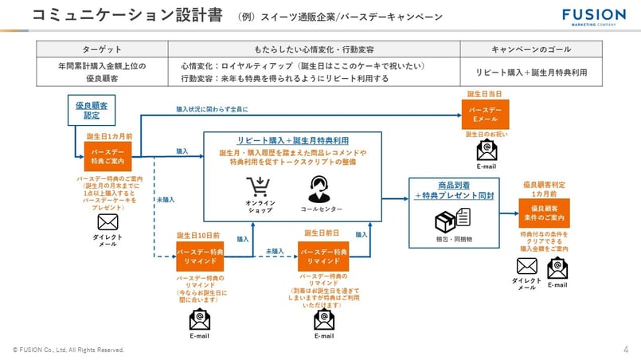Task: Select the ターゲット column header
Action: [x=102, y=49]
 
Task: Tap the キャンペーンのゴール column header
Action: [x=526, y=49]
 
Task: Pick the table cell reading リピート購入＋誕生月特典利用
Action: [x=526, y=72]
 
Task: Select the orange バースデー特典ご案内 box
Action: [x=107, y=155]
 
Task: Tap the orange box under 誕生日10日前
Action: [x=200, y=256]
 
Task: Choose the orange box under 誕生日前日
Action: [x=323, y=256]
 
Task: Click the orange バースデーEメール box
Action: [x=485, y=113]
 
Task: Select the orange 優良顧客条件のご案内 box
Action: [x=544, y=213]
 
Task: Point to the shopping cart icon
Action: [x=260, y=187]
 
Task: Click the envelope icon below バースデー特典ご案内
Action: [x=107, y=221]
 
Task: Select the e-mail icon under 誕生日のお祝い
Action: [x=486, y=150]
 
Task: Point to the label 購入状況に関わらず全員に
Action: [x=212, y=109]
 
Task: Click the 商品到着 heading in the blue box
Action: [x=453, y=185]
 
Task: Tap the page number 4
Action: [x=625, y=349]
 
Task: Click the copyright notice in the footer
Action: [x=68, y=350]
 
